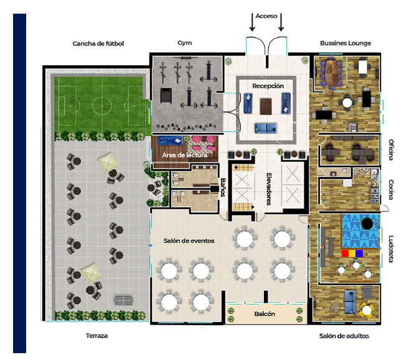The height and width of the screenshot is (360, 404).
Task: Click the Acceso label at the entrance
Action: (x=266, y=16)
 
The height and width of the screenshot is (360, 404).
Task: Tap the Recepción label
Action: (x=268, y=86)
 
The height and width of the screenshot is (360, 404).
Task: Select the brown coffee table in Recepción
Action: (x=266, y=106)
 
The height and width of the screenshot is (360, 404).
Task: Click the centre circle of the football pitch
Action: (x=102, y=106)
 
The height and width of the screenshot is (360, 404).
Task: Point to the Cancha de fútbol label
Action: (x=98, y=44)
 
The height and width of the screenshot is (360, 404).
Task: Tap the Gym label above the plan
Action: (x=185, y=43)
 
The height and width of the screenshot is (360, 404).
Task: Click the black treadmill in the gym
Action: (x=166, y=96)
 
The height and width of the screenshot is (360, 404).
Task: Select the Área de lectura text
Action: (x=184, y=155)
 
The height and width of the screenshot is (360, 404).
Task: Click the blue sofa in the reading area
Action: (x=170, y=141)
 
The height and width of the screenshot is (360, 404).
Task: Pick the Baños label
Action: (x=223, y=187)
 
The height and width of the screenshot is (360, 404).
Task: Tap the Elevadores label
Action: (x=269, y=189)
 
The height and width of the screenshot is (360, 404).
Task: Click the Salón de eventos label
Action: (x=189, y=241)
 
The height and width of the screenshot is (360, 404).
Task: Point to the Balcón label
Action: (x=265, y=314)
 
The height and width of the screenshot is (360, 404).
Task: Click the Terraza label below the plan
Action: (x=96, y=336)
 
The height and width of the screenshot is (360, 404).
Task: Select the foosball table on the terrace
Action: (x=124, y=300)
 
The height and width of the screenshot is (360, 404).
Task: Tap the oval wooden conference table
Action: (x=332, y=73)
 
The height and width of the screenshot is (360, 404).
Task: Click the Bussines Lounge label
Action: (x=345, y=44)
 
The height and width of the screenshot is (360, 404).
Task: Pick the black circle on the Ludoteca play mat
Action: (x=367, y=224)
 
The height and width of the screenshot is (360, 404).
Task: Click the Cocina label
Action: (x=391, y=190)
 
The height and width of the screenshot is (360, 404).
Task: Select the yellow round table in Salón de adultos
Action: (x=367, y=310)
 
